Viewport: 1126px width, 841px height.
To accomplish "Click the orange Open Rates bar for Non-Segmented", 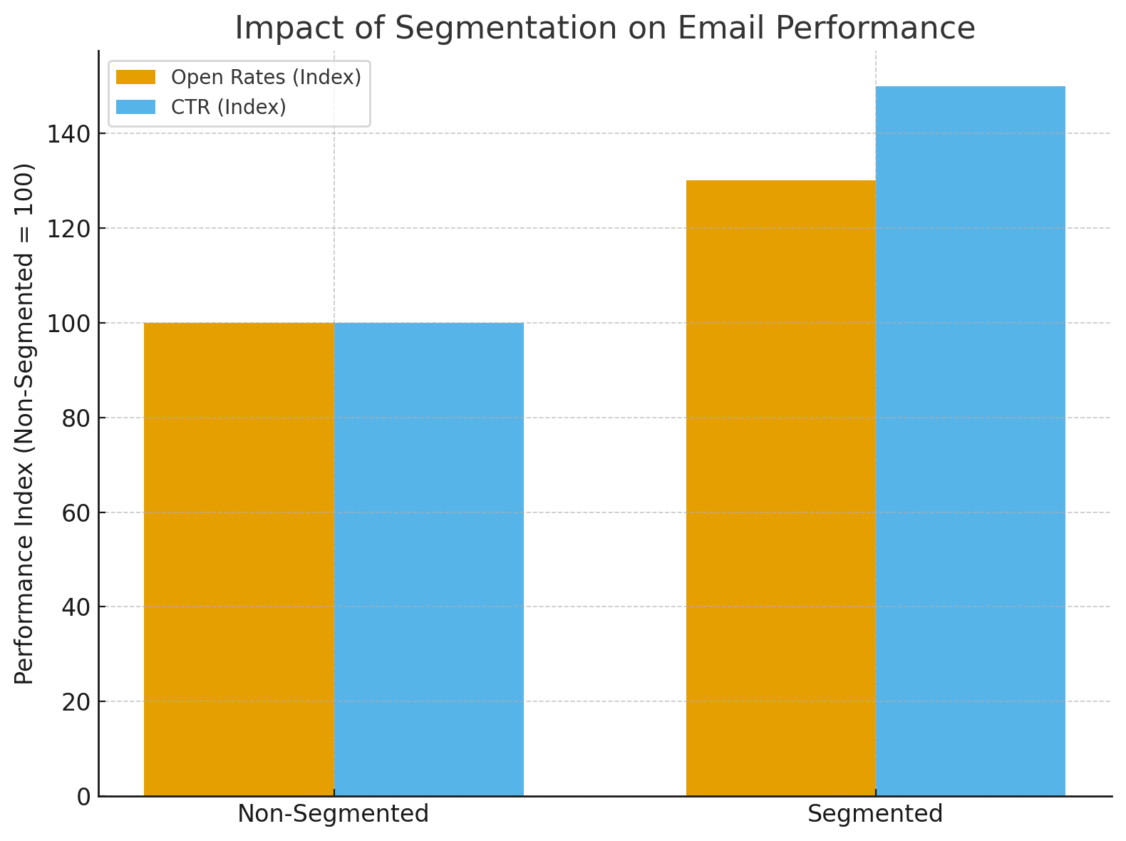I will click(x=239, y=559).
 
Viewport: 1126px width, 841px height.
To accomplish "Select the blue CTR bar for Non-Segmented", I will click(x=429, y=559).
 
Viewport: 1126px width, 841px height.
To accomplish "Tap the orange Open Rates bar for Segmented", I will click(x=780, y=488).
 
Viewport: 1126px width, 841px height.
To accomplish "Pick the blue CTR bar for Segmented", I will click(x=971, y=442).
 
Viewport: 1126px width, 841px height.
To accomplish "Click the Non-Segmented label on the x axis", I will click(x=334, y=814).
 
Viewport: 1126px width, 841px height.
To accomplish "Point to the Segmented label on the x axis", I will click(x=875, y=814).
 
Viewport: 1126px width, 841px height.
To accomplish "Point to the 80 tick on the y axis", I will click(x=76, y=418).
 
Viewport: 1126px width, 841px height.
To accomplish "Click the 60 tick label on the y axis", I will click(x=76, y=512).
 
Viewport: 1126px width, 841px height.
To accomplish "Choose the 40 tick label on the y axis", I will click(x=76, y=607).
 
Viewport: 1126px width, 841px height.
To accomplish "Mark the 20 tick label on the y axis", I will click(x=76, y=702).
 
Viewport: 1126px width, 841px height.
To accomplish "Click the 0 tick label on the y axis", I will click(x=83, y=797).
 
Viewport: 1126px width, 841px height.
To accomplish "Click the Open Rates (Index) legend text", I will click(x=267, y=77).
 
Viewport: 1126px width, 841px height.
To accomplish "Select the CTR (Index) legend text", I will click(x=229, y=107).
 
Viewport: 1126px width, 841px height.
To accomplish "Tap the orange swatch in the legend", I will click(x=135, y=77).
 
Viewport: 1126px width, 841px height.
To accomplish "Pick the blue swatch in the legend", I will click(x=135, y=107).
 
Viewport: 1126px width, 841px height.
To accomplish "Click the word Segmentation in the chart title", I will click(x=506, y=29).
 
